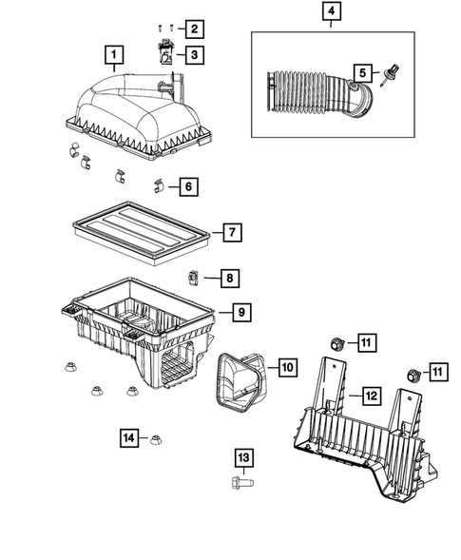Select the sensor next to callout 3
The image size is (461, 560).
pyautogui.click(x=165, y=53)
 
